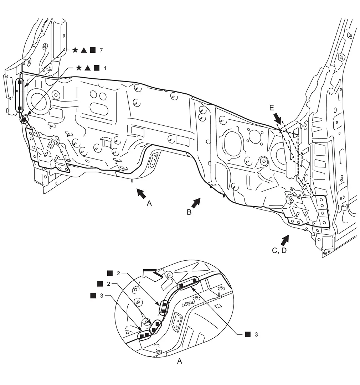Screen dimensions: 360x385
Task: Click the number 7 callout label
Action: coord(101,50)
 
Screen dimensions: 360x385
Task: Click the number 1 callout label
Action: coord(105,68)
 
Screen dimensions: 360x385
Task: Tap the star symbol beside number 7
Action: coord(75,50)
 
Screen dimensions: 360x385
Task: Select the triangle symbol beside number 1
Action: coord(87,68)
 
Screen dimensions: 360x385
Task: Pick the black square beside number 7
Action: coord(93,50)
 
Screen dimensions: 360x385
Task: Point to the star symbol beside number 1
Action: coord(79,68)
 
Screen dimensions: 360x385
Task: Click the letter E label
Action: coord(272,108)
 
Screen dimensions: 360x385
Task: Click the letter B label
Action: coord(189,212)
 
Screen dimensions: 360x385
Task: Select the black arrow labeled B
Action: coord(196,203)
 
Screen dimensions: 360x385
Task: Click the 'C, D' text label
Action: coord(279,251)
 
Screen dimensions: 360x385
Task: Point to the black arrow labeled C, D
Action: coord(285,240)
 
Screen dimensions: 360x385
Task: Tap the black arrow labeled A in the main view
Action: coord(141,193)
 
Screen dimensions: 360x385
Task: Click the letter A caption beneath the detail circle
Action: coord(180,361)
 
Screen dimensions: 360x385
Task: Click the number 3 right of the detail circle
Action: coord(256,334)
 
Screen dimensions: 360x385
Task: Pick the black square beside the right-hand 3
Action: coord(248,334)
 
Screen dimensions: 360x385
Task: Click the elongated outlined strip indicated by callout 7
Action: coord(20,95)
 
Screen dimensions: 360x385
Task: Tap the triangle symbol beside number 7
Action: coord(84,50)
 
